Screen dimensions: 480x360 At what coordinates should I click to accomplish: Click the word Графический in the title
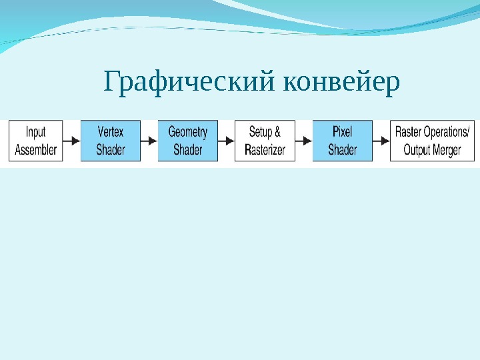coord(190,83)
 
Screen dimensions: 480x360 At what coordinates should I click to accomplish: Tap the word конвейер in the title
coord(342,83)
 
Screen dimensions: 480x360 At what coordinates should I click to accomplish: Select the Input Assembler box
coord(36,141)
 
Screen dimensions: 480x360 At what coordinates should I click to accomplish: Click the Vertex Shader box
coord(111,141)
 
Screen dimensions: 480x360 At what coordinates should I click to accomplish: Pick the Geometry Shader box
coord(188,141)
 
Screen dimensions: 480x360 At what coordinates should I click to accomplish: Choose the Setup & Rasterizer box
coord(265,141)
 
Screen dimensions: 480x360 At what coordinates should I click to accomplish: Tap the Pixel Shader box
coord(342,141)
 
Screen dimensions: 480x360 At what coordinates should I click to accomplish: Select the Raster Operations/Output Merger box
coord(432,141)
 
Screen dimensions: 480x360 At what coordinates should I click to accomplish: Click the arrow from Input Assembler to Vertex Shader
coord(72,141)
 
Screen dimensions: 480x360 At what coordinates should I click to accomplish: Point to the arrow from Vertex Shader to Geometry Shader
coord(149,141)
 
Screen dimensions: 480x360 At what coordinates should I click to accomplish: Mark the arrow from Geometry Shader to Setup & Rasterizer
coord(227,141)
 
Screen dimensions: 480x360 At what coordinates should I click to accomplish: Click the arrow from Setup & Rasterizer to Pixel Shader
coord(304,141)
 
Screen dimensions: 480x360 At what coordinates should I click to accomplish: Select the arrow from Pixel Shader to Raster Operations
coord(381,141)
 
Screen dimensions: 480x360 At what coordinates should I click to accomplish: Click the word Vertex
coord(111,132)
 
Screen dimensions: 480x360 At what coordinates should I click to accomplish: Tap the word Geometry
coord(188,132)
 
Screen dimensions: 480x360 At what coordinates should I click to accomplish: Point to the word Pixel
coord(342,132)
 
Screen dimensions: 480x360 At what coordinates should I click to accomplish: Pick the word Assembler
coord(36,150)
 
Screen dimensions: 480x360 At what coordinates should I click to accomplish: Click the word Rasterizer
coord(265,150)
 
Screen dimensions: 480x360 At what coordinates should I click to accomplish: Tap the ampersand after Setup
coord(277,132)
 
